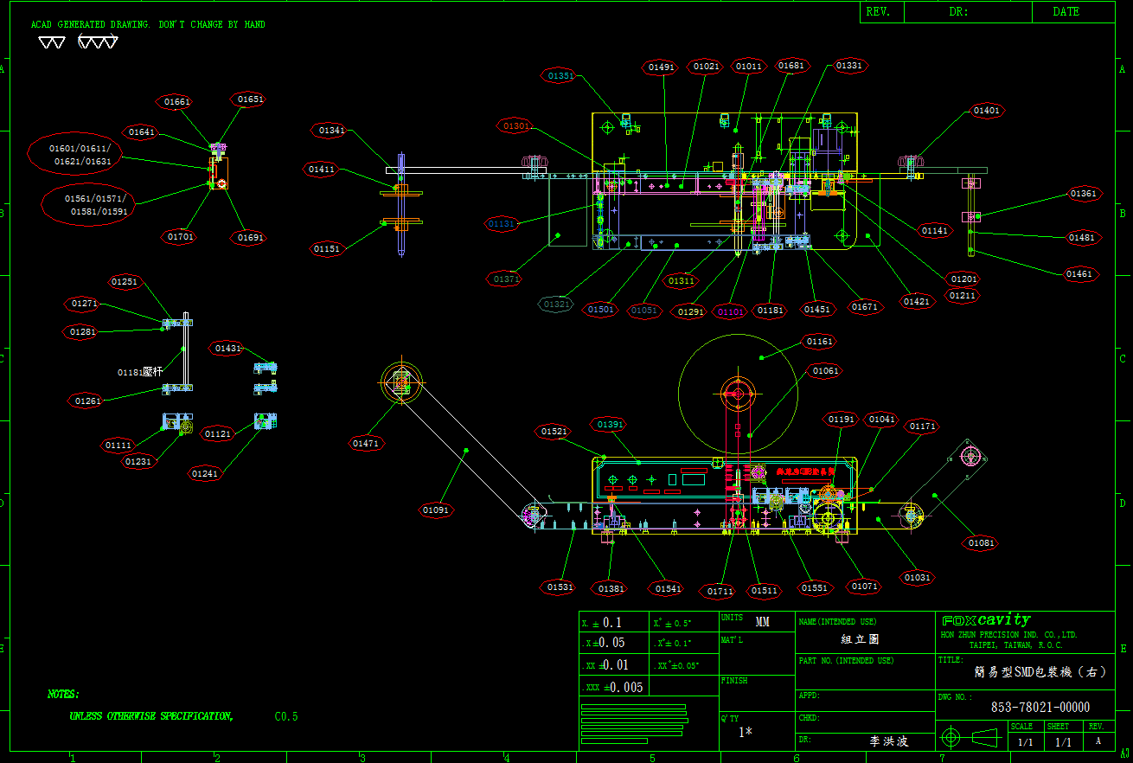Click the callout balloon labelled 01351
point(560,76)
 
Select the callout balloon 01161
point(820,343)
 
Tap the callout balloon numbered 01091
point(437,510)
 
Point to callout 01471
point(366,444)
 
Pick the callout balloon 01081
point(982,543)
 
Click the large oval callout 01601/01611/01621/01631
point(74,155)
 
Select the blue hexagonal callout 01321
point(556,305)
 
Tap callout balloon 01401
point(986,111)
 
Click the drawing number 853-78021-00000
point(1040,707)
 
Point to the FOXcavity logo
point(985,620)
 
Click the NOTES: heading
point(63,694)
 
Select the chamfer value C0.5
point(286,716)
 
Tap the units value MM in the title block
point(762,622)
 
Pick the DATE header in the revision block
point(1066,12)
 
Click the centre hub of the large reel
point(738,394)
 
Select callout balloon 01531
point(560,587)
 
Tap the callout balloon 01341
point(331,131)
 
